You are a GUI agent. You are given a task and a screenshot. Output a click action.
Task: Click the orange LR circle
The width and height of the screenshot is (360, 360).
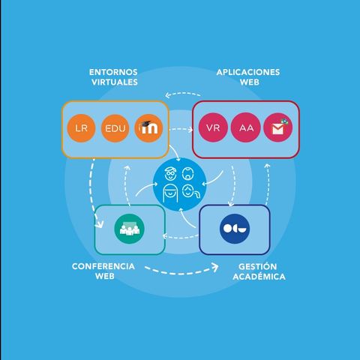tap(81, 128)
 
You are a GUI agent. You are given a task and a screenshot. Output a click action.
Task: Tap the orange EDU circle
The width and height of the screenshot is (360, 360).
tap(115, 128)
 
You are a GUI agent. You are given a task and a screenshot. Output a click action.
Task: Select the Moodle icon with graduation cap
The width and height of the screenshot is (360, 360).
tap(148, 128)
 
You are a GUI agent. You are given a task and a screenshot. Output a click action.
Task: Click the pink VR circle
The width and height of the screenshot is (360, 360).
tap(213, 127)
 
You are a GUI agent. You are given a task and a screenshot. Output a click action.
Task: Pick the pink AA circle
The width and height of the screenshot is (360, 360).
tap(246, 127)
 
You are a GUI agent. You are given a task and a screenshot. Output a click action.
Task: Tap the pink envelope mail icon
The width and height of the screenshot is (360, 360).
tap(278, 127)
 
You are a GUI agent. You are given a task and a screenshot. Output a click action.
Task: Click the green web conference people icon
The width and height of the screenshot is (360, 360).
tap(129, 229)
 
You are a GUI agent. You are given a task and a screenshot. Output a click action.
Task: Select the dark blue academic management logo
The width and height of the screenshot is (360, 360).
tap(235, 229)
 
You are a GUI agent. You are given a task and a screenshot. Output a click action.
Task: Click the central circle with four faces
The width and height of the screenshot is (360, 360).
tap(180, 184)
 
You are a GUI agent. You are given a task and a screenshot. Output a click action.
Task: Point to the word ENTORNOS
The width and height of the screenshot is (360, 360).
tap(113, 72)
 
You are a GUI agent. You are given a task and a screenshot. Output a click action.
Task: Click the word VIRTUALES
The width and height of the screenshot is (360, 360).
tap(115, 82)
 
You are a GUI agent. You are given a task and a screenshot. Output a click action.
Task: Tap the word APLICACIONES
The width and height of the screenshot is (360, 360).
tap(248, 72)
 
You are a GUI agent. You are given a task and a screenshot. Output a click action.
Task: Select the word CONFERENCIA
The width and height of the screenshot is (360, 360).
tap(103, 266)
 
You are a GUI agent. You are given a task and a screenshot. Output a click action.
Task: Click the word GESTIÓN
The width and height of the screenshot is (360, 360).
tap(257, 266)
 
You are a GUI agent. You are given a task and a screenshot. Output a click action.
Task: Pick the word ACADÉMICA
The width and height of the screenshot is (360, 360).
tap(259, 277)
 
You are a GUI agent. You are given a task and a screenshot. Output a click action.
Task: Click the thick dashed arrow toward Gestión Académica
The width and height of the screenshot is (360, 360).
tap(181, 272)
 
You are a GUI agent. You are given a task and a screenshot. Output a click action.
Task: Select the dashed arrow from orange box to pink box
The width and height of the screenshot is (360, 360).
tap(181, 129)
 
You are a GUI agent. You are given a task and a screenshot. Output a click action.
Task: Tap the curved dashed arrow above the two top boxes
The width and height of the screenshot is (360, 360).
tap(182, 94)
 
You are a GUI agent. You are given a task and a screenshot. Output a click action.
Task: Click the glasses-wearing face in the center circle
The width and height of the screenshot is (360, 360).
tap(170, 173)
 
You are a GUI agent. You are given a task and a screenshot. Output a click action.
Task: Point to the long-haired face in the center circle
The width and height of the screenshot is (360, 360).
tap(170, 194)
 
